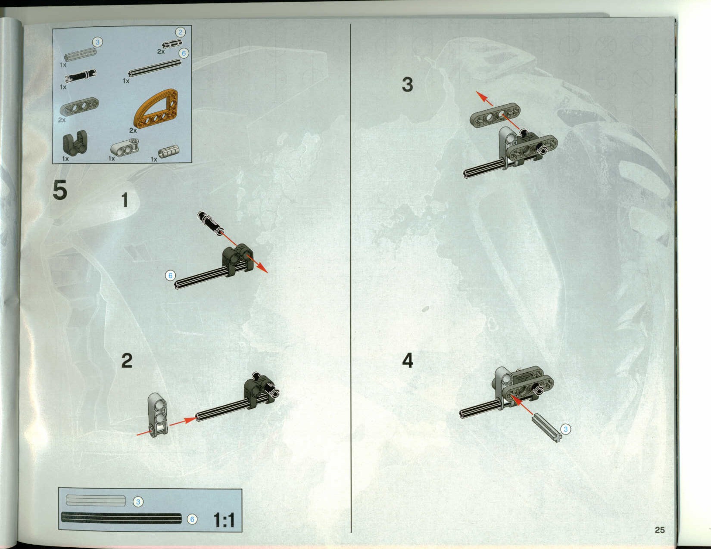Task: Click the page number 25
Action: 660,530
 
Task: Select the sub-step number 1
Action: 125,200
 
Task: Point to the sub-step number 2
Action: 127,361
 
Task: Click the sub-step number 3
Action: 407,84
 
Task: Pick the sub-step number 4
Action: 407,361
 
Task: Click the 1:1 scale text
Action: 224,520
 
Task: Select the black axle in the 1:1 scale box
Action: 122,518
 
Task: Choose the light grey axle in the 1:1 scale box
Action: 96,501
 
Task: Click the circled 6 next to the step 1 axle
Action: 170,276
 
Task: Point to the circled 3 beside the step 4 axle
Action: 565,429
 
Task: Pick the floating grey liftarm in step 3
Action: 495,115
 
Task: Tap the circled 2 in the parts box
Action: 180,32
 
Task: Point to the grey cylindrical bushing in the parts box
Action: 169,151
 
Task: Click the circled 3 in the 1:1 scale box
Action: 138,502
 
